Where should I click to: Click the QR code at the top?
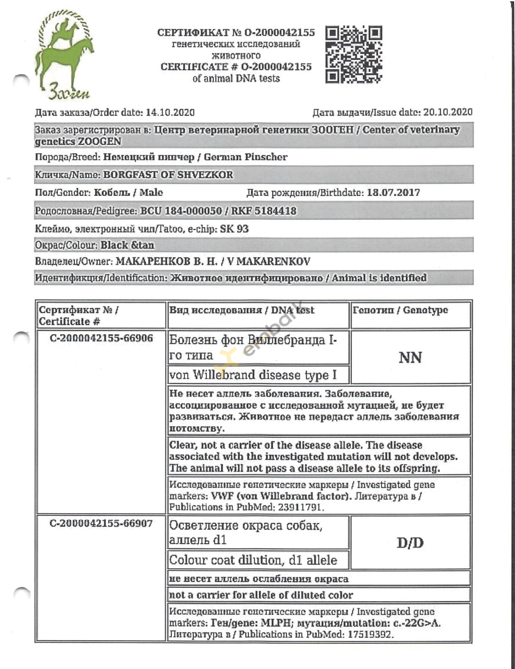coord(354,55)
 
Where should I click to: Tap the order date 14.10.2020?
coord(170,113)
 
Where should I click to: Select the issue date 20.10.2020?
coord(448,112)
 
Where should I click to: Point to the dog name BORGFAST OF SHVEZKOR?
coord(168,175)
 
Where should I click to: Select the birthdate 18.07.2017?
coord(393,192)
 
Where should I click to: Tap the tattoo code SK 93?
coord(234,229)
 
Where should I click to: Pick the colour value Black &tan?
coord(127,245)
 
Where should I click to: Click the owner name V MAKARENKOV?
coord(269,262)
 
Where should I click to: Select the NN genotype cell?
coord(410,357)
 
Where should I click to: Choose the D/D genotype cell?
coord(410,543)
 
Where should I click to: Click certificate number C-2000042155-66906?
coord(101,338)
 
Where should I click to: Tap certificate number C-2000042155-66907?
coord(101,524)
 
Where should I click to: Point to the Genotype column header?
coord(400,310)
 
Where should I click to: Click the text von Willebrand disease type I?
coord(253,375)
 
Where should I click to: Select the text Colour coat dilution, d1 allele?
coord(253,560)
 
